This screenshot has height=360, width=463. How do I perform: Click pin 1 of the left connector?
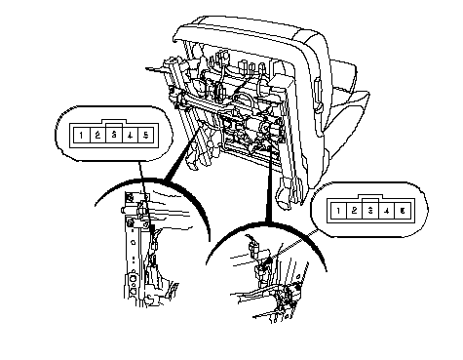(x=81, y=135)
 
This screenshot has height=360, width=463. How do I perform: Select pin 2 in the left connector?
(x=97, y=135)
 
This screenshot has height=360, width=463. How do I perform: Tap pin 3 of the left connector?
(x=114, y=135)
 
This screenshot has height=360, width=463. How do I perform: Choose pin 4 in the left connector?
(x=130, y=135)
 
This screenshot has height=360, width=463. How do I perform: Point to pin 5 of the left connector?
(x=146, y=135)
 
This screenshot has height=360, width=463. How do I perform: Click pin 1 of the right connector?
(x=338, y=211)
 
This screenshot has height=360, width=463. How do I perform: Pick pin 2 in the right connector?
(x=354, y=211)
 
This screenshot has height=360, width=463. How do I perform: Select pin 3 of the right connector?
(x=370, y=211)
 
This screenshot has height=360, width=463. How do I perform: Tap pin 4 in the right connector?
(x=387, y=211)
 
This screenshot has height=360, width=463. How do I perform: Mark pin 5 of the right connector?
(x=403, y=211)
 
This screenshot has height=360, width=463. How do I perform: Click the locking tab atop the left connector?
(x=114, y=122)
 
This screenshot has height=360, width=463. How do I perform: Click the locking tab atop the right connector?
(x=370, y=197)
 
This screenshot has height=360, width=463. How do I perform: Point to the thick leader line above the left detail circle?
(x=183, y=153)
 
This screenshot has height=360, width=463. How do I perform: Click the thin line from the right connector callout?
(x=295, y=243)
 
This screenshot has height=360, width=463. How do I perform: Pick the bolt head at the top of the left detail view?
(x=130, y=197)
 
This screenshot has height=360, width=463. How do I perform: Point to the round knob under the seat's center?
(x=264, y=127)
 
